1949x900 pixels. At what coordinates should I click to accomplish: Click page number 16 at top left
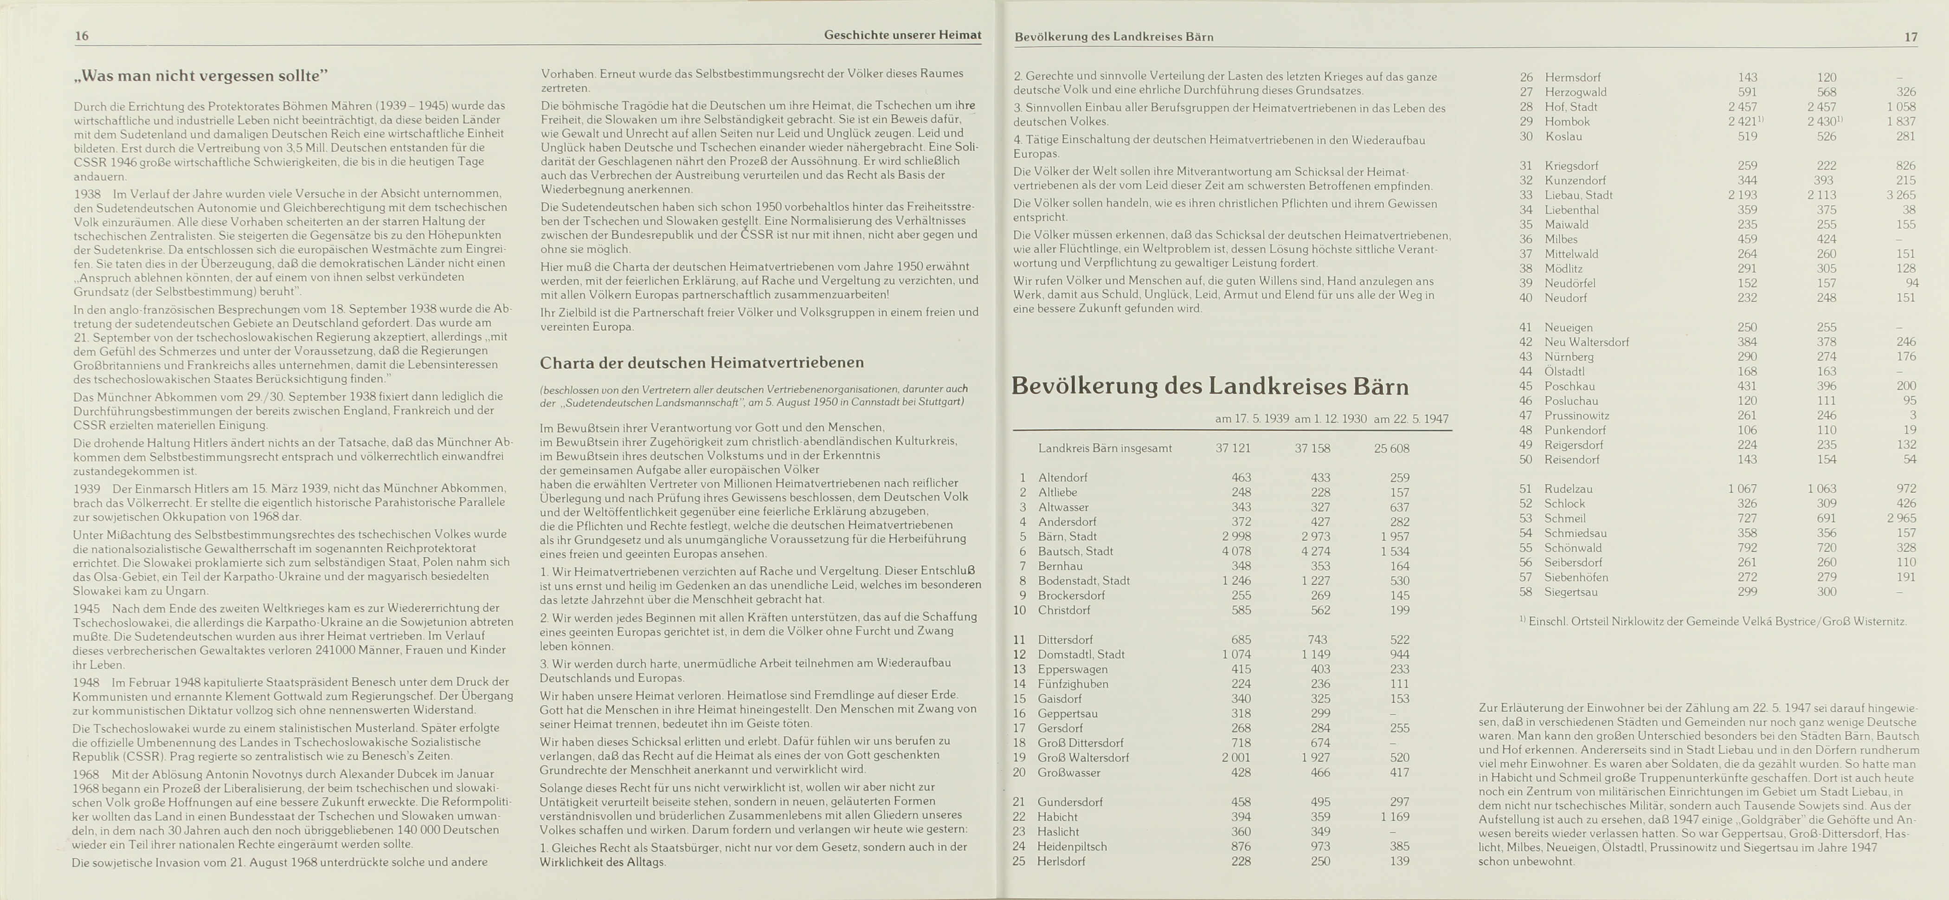pyautogui.click(x=82, y=36)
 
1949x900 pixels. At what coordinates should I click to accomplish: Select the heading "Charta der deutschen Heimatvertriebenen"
pyautogui.click(x=701, y=363)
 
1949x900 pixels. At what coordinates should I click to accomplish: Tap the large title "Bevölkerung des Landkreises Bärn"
pyautogui.click(x=1210, y=386)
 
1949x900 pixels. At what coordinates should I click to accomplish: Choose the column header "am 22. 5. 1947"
pyautogui.click(x=1410, y=419)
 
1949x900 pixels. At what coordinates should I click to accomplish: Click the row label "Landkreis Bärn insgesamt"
pyautogui.click(x=1105, y=448)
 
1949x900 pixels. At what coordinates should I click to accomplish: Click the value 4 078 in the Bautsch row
pyautogui.click(x=1236, y=551)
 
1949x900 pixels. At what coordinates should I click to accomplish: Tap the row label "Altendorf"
pyautogui.click(x=1062, y=478)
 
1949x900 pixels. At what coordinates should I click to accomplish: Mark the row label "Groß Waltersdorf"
pyautogui.click(x=1083, y=758)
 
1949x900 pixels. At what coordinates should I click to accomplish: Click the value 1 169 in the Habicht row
pyautogui.click(x=1395, y=817)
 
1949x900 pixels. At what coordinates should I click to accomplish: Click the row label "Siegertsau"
pyautogui.click(x=1571, y=592)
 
